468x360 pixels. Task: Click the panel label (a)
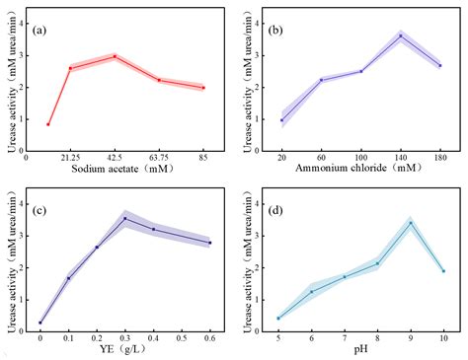coord(42,30)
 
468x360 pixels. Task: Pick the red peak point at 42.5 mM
coord(115,56)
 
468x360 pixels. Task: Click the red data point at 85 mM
coord(203,88)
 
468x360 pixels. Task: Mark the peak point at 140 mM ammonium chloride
coord(401,36)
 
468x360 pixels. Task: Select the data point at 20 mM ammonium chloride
coord(281,120)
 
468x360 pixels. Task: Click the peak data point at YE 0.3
coord(124,218)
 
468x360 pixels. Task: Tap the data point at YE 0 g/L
coord(40,323)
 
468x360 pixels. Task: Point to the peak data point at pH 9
coord(411,223)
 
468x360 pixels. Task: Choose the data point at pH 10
coord(443,271)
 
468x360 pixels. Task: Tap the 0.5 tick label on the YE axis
coord(181,338)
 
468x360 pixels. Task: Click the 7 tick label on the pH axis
coord(345,338)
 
